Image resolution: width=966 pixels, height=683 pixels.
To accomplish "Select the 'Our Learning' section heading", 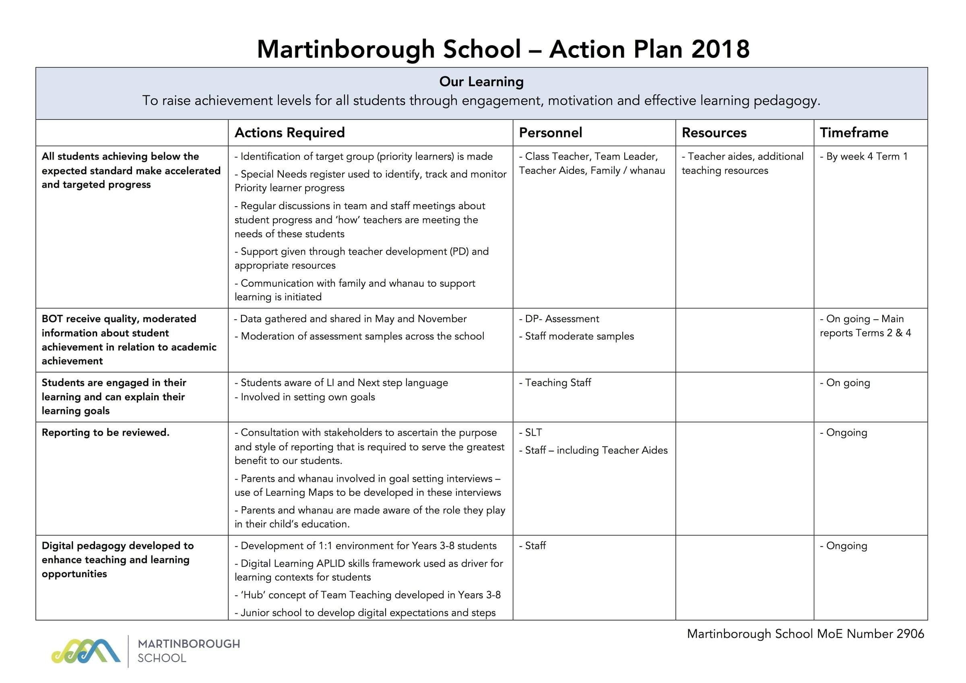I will (481, 82).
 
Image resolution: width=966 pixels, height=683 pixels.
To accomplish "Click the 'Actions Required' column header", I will (289, 132).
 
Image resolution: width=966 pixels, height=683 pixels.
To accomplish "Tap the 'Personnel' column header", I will (550, 132).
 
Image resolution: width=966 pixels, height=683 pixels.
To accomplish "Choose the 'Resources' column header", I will (714, 132).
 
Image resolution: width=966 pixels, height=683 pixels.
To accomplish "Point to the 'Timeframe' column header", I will (854, 132).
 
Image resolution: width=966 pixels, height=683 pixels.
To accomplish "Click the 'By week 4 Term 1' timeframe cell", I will (864, 157).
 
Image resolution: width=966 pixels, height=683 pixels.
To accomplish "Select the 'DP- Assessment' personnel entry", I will (559, 319).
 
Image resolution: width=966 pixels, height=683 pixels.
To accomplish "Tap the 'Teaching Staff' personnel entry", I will (555, 383).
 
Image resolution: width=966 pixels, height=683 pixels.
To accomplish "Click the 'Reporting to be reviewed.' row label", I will (105, 433).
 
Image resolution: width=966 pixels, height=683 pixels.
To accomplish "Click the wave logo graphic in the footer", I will (86, 652).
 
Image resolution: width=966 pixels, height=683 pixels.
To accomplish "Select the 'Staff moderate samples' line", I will (576, 336).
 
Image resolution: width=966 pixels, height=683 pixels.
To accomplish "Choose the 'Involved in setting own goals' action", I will (305, 397).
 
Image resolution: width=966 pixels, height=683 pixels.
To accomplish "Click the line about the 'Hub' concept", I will (368, 595).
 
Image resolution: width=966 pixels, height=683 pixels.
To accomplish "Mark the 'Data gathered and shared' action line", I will (351, 319).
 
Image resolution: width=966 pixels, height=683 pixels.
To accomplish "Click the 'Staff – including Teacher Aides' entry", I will (593, 450).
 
